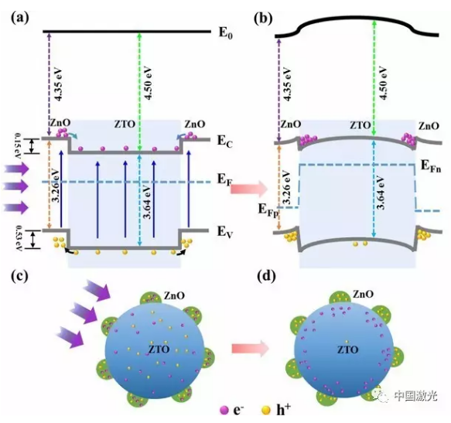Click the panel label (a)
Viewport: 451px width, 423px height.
[20, 19]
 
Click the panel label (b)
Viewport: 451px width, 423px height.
[263, 19]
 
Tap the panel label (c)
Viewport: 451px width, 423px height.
[19, 276]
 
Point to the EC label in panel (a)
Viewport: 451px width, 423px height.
[224, 142]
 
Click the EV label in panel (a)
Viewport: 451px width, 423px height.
[224, 231]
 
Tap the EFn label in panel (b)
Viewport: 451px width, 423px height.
[431, 166]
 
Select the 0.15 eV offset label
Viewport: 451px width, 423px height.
[19, 146]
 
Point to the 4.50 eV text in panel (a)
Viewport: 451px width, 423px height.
[148, 84]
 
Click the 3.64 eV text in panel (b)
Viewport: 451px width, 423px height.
[381, 193]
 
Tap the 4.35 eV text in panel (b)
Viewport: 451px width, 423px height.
[287, 84]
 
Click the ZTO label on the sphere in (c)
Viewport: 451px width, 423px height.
[159, 349]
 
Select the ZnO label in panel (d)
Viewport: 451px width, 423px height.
[363, 294]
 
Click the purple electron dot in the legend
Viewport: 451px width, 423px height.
[224, 410]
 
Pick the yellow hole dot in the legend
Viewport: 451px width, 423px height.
[266, 410]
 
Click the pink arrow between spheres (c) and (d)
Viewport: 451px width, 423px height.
[250, 348]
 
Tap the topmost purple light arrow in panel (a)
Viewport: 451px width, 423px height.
[16, 169]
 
